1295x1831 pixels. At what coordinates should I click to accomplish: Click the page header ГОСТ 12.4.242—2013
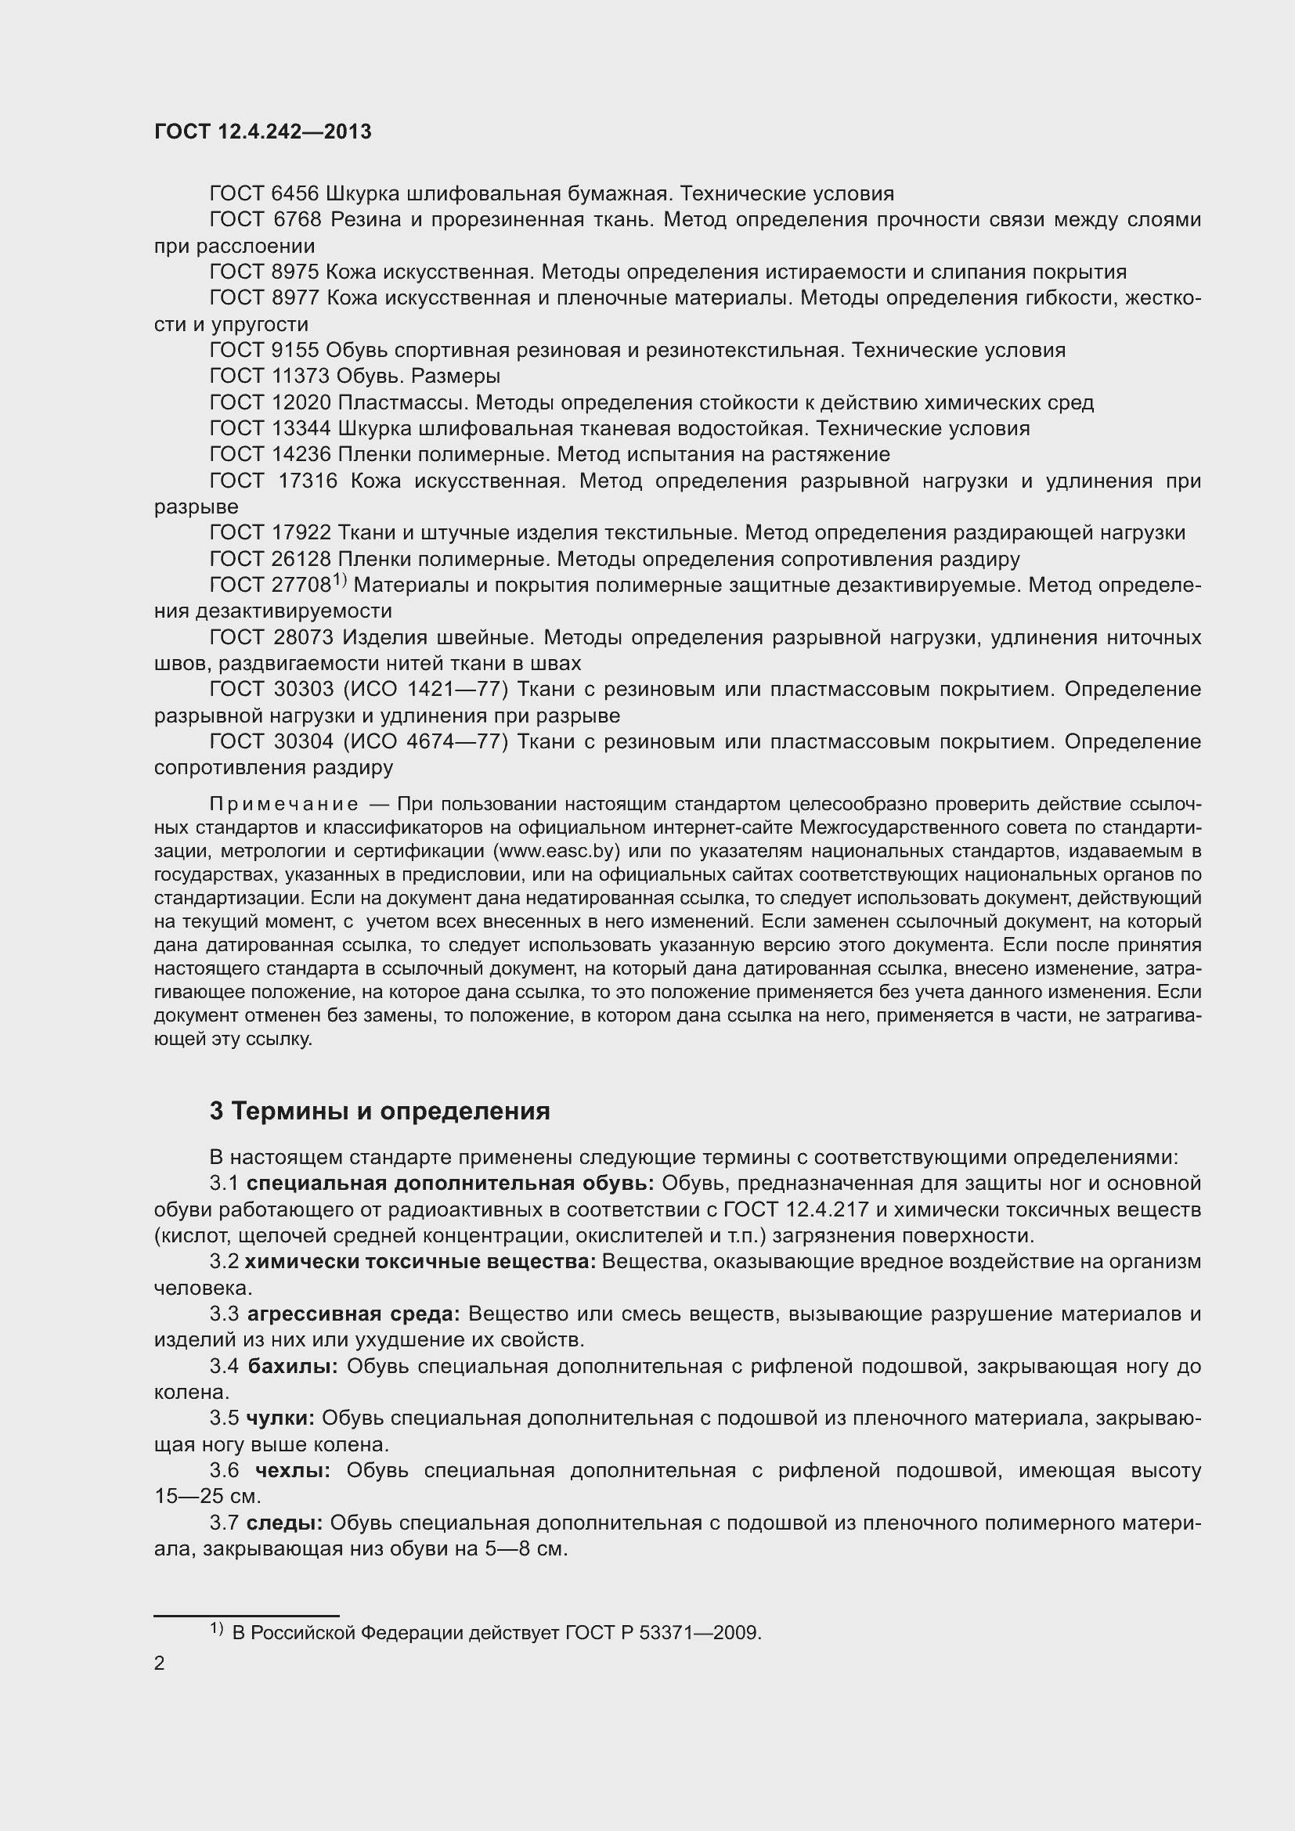[262, 132]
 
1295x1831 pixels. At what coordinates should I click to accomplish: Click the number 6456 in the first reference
[294, 194]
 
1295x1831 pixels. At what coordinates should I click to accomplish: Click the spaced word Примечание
[283, 804]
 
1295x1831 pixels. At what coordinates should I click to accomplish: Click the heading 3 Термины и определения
[380, 1111]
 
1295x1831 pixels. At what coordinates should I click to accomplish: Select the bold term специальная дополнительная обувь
[449, 1184]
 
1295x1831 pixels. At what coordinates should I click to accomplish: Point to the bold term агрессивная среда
[353, 1314]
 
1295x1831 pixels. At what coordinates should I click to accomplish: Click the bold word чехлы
[293, 1471]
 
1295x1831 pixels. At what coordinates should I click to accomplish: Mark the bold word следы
[284, 1523]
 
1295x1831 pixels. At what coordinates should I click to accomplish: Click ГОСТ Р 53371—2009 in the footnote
[663, 1633]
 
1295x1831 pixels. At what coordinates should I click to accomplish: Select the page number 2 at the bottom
[160, 1663]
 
